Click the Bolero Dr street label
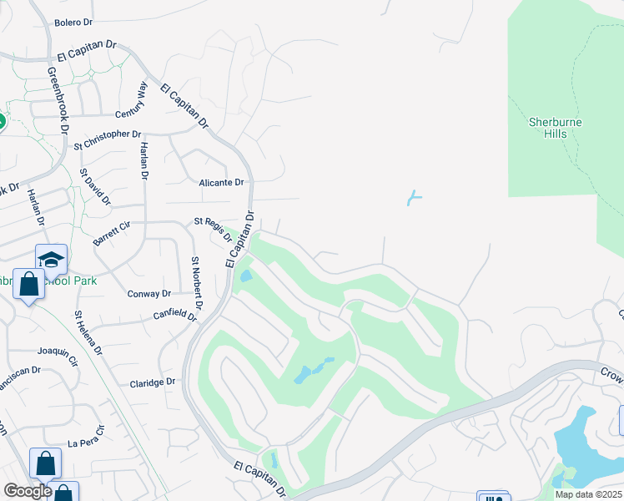[x=73, y=23]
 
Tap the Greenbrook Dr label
[x=57, y=99]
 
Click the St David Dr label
[x=94, y=186]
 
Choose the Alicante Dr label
[x=221, y=182]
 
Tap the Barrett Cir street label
[x=113, y=233]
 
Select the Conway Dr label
[x=149, y=294]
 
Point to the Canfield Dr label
[x=175, y=316]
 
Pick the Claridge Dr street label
[x=153, y=382]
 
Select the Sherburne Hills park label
[x=555, y=128]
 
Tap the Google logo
[x=28, y=490]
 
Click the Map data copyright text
[x=589, y=494]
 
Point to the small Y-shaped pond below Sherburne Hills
[x=413, y=198]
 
